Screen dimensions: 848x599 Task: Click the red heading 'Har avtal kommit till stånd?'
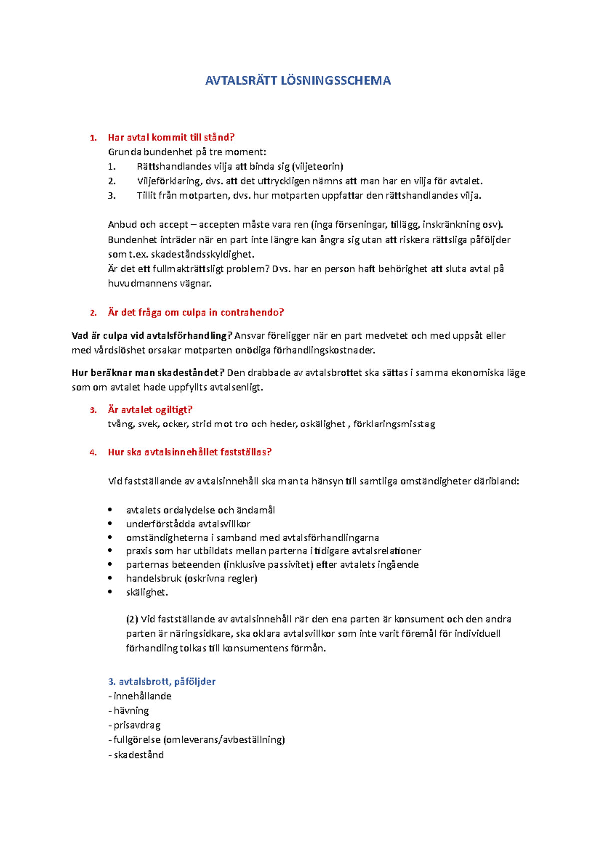click(171, 137)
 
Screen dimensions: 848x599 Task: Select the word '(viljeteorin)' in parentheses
click(317, 166)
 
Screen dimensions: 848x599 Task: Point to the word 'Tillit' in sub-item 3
click(150, 195)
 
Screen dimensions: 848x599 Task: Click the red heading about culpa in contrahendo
click(196, 312)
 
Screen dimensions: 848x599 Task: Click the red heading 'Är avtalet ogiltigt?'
click(150, 410)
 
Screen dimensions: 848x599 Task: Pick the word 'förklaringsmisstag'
click(394, 424)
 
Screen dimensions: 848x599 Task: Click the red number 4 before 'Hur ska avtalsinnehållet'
click(93, 453)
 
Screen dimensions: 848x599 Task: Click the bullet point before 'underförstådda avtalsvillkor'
click(110, 524)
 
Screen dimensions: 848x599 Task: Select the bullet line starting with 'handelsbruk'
click(191, 578)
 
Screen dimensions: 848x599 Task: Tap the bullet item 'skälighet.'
click(147, 592)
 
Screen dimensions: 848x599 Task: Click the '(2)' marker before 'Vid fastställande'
click(132, 619)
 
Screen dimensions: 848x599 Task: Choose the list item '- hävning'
click(129, 710)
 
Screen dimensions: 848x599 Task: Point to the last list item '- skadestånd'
click(136, 755)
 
